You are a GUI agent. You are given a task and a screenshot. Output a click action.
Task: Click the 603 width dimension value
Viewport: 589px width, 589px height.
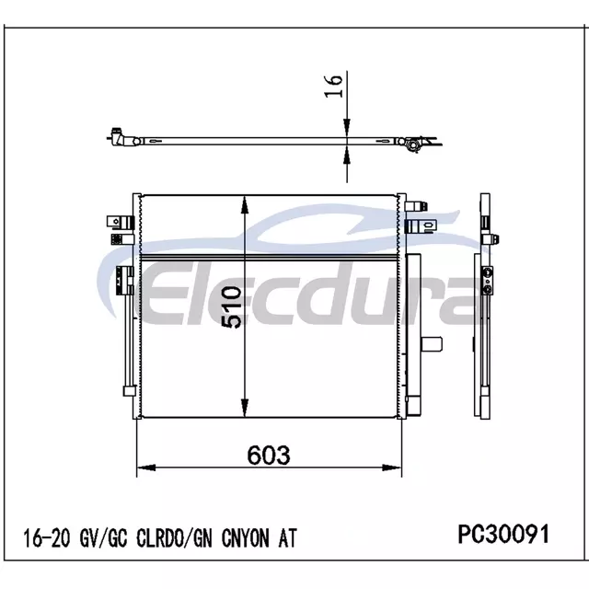(x=269, y=455)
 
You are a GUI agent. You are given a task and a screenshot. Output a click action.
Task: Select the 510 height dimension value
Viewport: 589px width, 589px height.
(x=231, y=307)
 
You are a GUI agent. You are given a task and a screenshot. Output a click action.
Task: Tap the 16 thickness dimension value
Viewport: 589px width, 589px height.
(x=333, y=86)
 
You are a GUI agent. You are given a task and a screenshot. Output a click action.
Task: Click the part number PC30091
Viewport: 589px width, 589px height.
(x=503, y=534)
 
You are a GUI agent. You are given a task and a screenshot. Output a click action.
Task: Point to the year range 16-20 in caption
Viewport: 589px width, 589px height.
(x=47, y=537)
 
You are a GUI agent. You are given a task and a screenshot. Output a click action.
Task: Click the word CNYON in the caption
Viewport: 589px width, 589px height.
(x=246, y=537)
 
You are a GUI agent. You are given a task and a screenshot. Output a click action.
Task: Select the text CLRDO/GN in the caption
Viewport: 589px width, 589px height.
(x=174, y=537)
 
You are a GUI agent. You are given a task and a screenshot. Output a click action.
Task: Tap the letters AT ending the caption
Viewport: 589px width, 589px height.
(x=287, y=537)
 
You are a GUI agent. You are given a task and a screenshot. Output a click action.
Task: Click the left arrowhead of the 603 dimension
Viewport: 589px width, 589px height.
(x=146, y=468)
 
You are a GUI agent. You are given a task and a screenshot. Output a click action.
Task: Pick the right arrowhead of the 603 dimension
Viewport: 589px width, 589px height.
(x=392, y=468)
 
